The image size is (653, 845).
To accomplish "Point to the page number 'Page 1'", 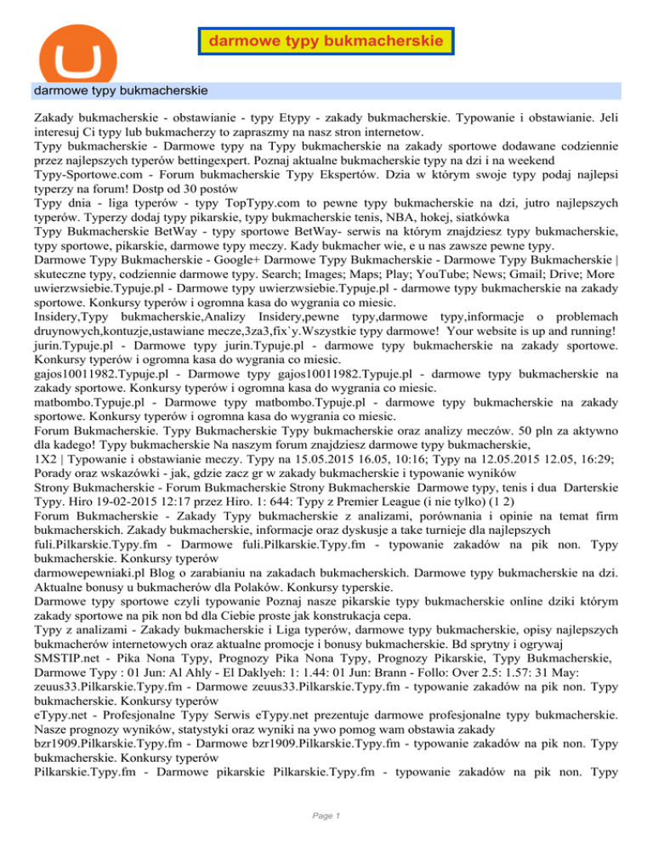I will pyautogui.click(x=326, y=817).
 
